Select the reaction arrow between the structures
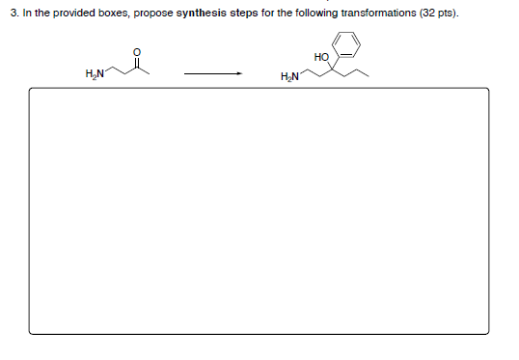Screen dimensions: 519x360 pos(211,71)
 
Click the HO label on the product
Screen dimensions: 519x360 pos(321,57)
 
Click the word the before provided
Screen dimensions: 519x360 pos(41,14)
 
